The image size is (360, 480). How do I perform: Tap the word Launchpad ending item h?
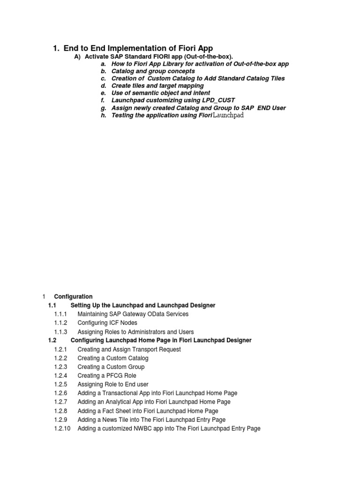click(228, 115)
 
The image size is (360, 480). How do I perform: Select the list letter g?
click(103, 108)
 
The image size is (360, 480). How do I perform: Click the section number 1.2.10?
click(62, 428)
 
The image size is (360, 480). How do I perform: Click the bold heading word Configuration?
click(73, 297)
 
